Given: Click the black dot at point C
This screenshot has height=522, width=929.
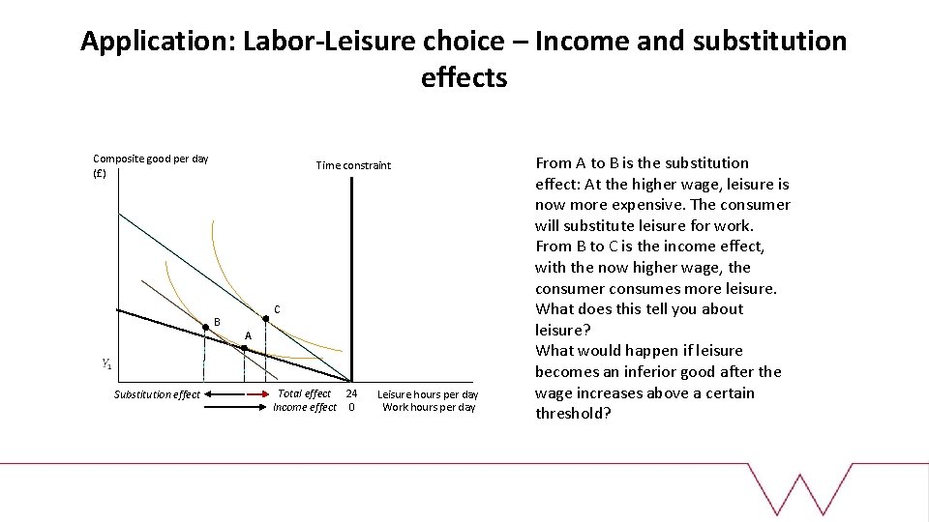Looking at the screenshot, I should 266,318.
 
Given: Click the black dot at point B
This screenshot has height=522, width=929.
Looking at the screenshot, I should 205,329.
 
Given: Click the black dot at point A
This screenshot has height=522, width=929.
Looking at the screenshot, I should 244,348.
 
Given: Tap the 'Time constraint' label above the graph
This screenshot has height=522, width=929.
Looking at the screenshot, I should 353,165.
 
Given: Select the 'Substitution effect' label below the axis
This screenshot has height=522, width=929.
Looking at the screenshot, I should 157,394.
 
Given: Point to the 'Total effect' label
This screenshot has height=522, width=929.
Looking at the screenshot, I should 304,393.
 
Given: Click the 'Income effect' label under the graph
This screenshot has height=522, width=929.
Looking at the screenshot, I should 305,407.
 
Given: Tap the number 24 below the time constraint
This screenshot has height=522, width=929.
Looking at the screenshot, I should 351,393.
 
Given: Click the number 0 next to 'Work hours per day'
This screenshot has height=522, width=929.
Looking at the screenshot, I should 351,407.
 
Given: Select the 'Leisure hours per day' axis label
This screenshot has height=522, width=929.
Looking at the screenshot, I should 428,394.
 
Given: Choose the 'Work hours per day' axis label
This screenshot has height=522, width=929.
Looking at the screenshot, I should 429,407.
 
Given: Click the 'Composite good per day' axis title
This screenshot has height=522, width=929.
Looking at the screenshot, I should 150,159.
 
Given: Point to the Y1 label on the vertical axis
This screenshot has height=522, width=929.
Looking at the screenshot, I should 105,364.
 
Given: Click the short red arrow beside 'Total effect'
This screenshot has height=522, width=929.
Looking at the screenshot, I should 258,394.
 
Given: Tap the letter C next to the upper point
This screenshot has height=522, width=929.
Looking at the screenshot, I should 277,309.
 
